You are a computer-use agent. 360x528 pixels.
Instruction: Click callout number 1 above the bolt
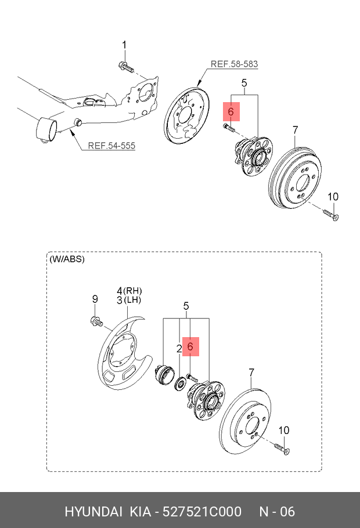click(124, 45)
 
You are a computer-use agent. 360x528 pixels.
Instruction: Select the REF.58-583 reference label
click(233, 64)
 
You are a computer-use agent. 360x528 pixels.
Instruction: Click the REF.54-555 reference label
click(111, 146)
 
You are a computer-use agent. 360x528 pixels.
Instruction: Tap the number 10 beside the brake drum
click(332, 197)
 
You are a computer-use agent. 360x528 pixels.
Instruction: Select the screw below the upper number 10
click(332, 216)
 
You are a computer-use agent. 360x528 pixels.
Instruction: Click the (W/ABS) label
click(68, 259)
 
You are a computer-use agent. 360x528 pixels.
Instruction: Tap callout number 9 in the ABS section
click(95, 299)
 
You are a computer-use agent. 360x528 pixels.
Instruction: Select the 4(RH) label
click(129, 290)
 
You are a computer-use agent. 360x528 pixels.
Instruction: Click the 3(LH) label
click(129, 300)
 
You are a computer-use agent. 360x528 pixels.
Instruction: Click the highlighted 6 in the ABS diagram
click(189, 346)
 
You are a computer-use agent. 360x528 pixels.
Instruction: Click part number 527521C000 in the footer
click(202, 512)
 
